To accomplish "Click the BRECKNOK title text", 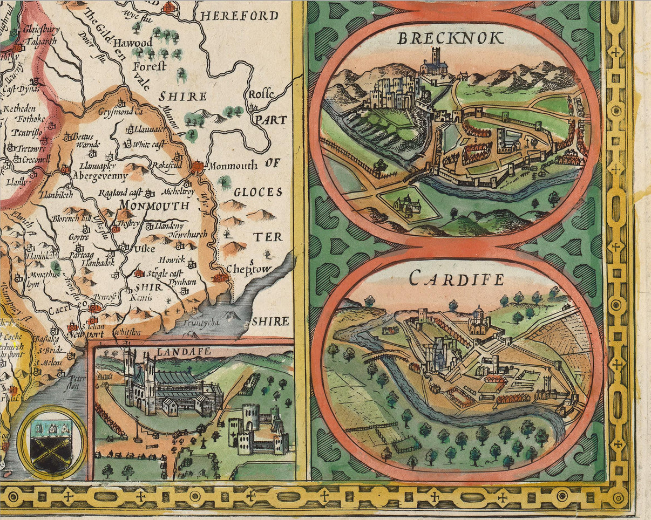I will tap(450, 38).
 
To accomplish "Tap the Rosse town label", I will tap(261, 94).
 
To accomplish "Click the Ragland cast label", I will tap(122, 193).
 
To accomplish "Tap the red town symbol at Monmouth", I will tap(198, 166).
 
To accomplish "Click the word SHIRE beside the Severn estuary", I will tap(270, 321).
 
